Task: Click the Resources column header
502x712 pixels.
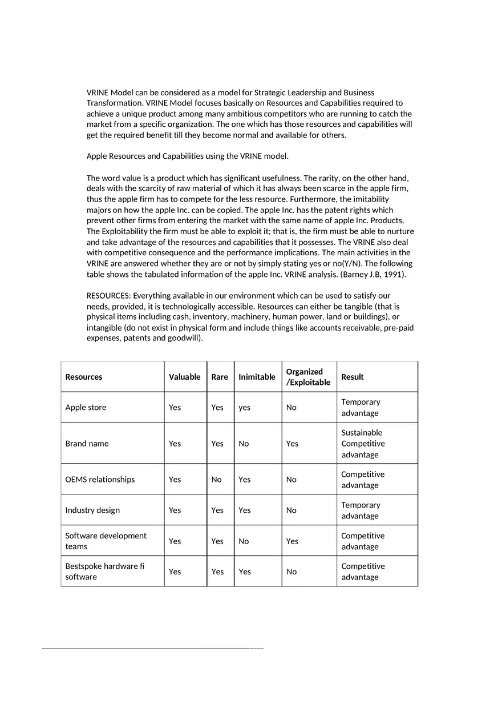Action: coord(84,377)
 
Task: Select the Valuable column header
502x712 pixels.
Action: coord(184,377)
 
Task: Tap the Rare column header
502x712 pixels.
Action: coord(220,377)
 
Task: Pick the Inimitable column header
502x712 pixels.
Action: coord(257,377)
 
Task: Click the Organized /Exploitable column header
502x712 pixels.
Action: coord(308,377)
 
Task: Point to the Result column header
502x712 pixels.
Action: coord(352,377)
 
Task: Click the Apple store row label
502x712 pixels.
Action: coord(86,407)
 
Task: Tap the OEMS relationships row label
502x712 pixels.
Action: coord(100,480)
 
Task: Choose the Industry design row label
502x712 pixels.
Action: coord(92,510)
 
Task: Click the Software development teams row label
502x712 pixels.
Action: coord(106,541)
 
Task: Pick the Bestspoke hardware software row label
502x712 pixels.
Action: coord(104,572)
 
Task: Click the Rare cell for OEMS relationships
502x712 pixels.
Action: coord(216,480)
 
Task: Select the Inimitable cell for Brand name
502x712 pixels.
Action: coord(244,444)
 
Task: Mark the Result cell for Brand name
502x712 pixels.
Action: coord(363,444)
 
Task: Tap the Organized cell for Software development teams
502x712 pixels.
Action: coord(292,541)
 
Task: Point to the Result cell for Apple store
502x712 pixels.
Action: coord(361,408)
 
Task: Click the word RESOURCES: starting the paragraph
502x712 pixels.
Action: coord(108,296)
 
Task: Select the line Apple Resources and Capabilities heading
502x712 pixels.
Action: coord(188,156)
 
